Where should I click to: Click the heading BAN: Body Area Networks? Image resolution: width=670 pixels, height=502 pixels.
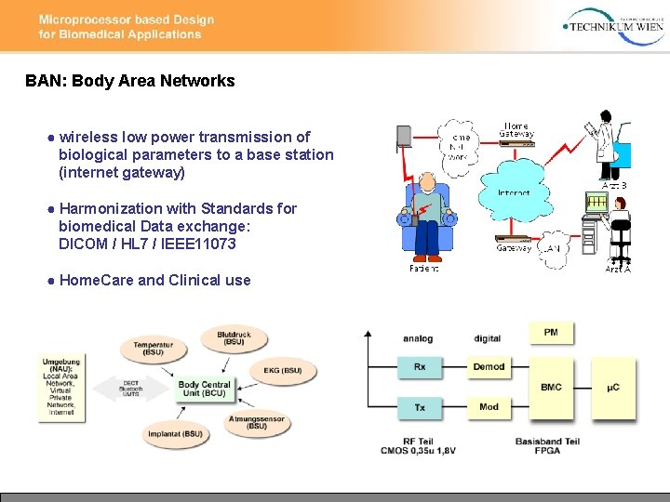tap(130, 81)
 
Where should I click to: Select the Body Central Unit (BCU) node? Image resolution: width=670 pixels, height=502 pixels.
tap(205, 389)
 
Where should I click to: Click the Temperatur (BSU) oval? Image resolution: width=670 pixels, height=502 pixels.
tap(153, 349)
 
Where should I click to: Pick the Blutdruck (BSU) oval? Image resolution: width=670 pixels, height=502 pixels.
tap(234, 338)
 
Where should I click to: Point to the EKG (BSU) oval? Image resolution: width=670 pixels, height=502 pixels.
tap(283, 371)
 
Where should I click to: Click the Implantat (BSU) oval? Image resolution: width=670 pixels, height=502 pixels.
tap(174, 433)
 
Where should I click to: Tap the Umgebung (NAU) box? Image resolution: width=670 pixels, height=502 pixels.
tap(61, 386)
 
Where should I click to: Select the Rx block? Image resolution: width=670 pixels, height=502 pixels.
tap(420, 367)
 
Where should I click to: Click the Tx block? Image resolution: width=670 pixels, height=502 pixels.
tap(420, 406)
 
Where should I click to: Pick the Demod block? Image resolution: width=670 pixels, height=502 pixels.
tap(489, 367)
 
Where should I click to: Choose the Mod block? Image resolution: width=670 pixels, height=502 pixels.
tap(489, 406)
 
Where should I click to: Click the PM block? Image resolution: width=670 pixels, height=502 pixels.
tap(551, 332)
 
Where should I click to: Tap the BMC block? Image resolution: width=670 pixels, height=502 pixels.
tap(551, 387)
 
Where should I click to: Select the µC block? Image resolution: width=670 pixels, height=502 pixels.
tap(613, 387)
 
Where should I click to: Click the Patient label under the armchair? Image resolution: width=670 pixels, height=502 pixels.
tap(424, 268)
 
